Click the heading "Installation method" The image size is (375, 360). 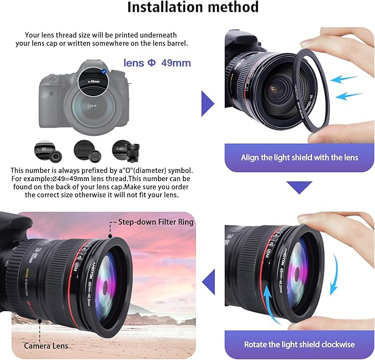pyautogui.click(x=193, y=8)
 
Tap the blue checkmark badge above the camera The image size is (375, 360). pyautogui.click(x=104, y=71)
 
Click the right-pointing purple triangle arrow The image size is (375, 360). pyautogui.click(x=207, y=103)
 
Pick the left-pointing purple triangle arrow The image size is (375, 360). pyautogui.click(x=208, y=282)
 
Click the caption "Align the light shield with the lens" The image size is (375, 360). pyautogui.click(x=299, y=157)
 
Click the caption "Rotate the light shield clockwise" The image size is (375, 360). pyautogui.click(x=299, y=345)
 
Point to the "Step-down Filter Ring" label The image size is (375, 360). pyautogui.click(x=155, y=222)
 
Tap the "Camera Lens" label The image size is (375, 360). pyautogui.click(x=46, y=346)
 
